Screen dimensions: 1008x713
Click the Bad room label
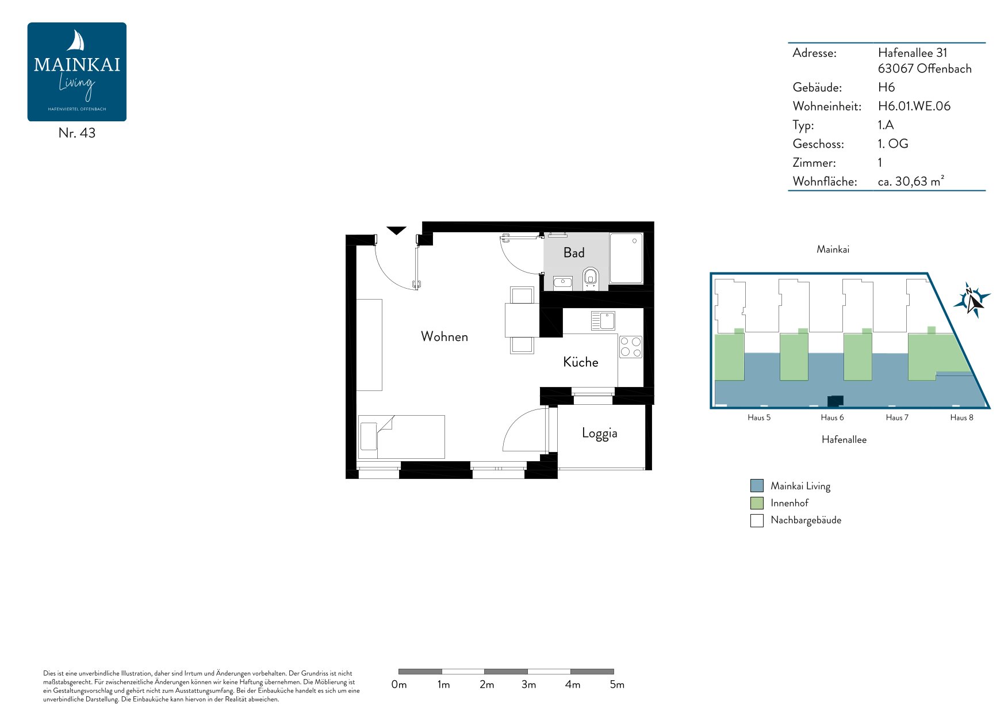(x=574, y=252)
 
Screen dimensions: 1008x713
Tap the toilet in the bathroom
(x=591, y=279)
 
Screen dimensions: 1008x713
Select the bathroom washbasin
(x=562, y=282)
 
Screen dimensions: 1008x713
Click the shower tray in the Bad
(x=626, y=258)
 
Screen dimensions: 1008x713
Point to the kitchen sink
(x=603, y=320)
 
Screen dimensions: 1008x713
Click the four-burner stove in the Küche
(x=630, y=347)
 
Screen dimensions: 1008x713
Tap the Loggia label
(x=599, y=433)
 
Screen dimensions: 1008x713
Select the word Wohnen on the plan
(x=444, y=336)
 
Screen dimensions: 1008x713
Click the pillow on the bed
(x=369, y=436)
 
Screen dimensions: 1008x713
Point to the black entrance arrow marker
(x=396, y=231)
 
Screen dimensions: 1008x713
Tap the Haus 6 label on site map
(x=832, y=417)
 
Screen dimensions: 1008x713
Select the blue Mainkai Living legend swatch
(x=757, y=486)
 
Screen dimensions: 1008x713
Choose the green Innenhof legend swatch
(x=757, y=503)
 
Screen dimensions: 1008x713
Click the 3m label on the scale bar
(x=528, y=684)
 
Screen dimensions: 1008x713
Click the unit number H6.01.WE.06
(x=914, y=106)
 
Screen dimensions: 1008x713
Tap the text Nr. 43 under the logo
(x=77, y=133)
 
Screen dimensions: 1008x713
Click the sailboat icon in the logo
(x=76, y=41)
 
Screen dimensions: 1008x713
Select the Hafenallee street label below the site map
(x=844, y=439)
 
